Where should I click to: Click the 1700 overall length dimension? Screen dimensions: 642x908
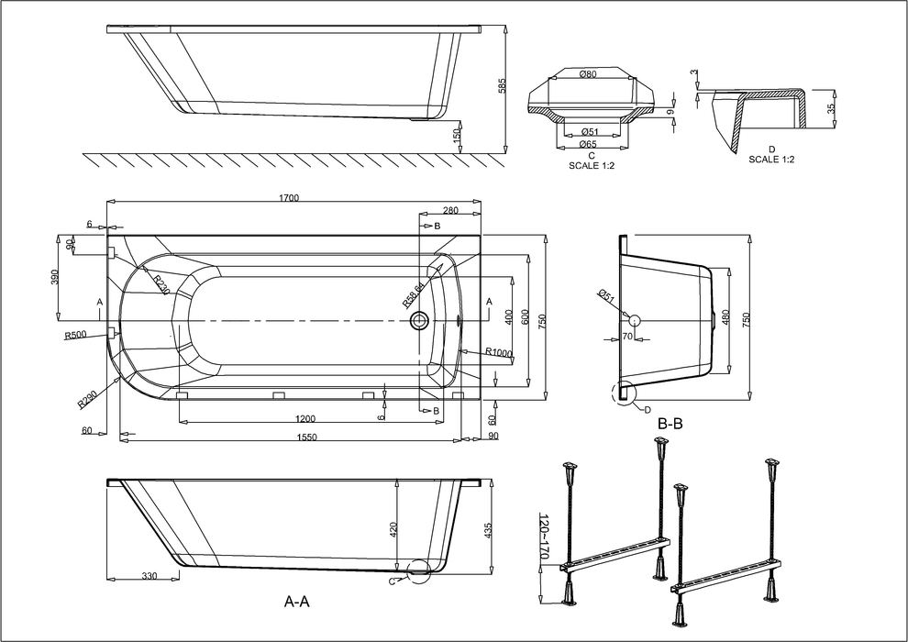(295, 193)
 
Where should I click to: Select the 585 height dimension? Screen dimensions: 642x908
(502, 85)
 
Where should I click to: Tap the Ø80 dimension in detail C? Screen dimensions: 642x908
(589, 74)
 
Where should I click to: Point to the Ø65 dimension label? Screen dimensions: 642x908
(589, 145)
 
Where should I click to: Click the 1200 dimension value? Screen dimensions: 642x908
(305, 418)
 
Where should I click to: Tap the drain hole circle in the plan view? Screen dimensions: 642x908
(420, 321)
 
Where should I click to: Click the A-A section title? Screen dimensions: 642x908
(296, 602)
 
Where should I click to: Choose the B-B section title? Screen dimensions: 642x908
(670, 424)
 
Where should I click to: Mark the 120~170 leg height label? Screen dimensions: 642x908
(545, 537)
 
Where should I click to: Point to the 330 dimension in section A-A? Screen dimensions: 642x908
(149, 576)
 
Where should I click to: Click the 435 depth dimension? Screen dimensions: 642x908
(488, 529)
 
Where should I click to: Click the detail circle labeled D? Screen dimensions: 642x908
(625, 393)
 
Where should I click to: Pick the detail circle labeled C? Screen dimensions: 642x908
(420, 571)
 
